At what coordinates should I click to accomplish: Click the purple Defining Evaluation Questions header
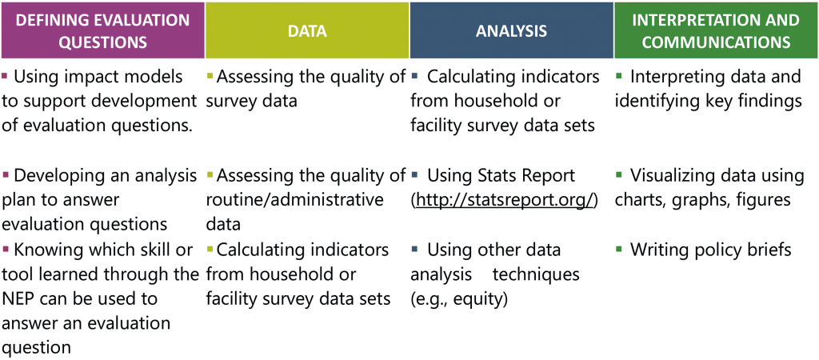tap(102, 30)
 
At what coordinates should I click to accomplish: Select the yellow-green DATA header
tap(307, 30)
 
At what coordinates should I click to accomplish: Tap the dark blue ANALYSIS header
tap(511, 30)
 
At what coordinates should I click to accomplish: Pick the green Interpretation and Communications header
tap(716, 30)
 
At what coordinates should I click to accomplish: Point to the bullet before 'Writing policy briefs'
tap(619, 250)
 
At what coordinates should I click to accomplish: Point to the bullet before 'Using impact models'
tap(5, 78)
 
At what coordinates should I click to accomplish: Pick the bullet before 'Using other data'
tap(414, 250)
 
